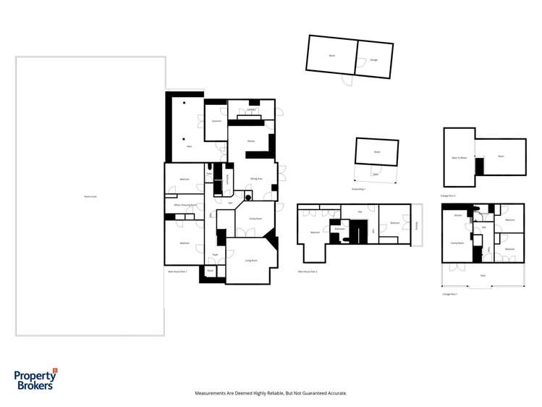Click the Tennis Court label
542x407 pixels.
coord(90,196)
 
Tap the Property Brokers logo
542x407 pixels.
coord(35,379)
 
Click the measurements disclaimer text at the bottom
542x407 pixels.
coord(271,393)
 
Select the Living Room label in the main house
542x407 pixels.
coord(252,260)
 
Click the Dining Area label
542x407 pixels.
coord(255,178)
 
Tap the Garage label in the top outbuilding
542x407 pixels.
coord(373,59)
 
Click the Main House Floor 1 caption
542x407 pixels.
coord(177,272)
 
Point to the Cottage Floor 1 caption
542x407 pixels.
coord(449,294)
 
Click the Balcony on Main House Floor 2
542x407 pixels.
coord(417,225)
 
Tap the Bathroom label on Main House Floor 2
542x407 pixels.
coord(339,230)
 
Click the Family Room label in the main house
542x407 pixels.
coord(255,218)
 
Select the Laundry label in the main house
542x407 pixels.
coord(251,110)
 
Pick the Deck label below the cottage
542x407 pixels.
coord(483,275)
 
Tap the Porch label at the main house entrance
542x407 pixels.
coord(211,270)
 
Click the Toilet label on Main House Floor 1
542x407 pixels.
coord(209,174)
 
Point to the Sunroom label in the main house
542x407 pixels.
coord(216,121)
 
